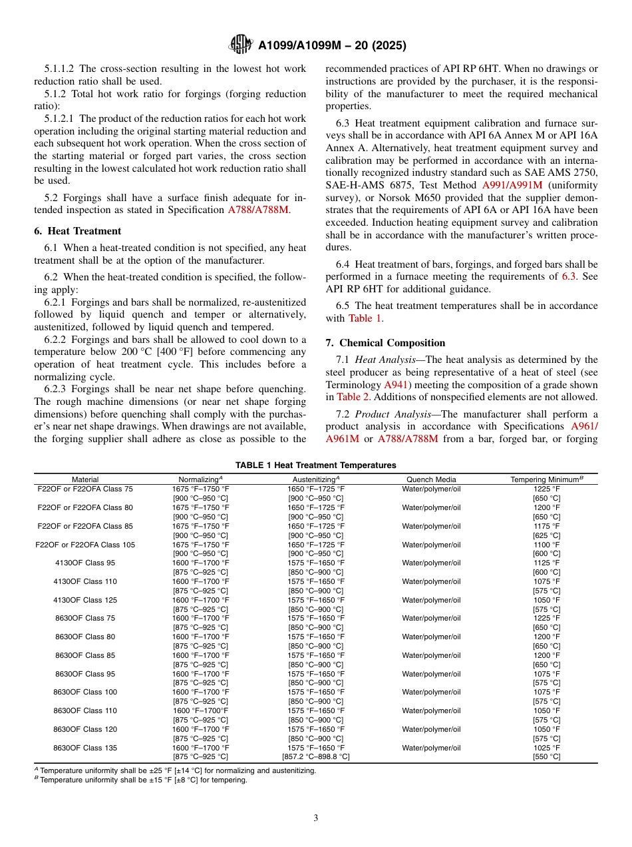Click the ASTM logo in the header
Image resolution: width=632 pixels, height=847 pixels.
click(x=240, y=45)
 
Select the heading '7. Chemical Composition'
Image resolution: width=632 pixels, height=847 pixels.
click(x=385, y=343)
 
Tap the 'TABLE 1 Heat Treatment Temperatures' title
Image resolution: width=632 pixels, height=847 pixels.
click(x=315, y=465)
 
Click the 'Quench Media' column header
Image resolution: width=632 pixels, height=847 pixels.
click(x=431, y=479)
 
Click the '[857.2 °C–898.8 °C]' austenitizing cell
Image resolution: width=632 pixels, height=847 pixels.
click(x=315, y=757)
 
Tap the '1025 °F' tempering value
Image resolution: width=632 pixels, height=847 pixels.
click(x=546, y=748)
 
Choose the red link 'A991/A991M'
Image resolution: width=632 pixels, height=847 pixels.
click(x=512, y=184)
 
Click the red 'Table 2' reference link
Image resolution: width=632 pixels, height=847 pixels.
click(x=353, y=397)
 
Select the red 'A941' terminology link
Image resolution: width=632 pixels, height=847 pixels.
click(x=396, y=385)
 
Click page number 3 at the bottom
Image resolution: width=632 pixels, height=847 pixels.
click(x=315, y=818)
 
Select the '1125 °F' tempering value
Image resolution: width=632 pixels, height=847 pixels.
click(x=546, y=563)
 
